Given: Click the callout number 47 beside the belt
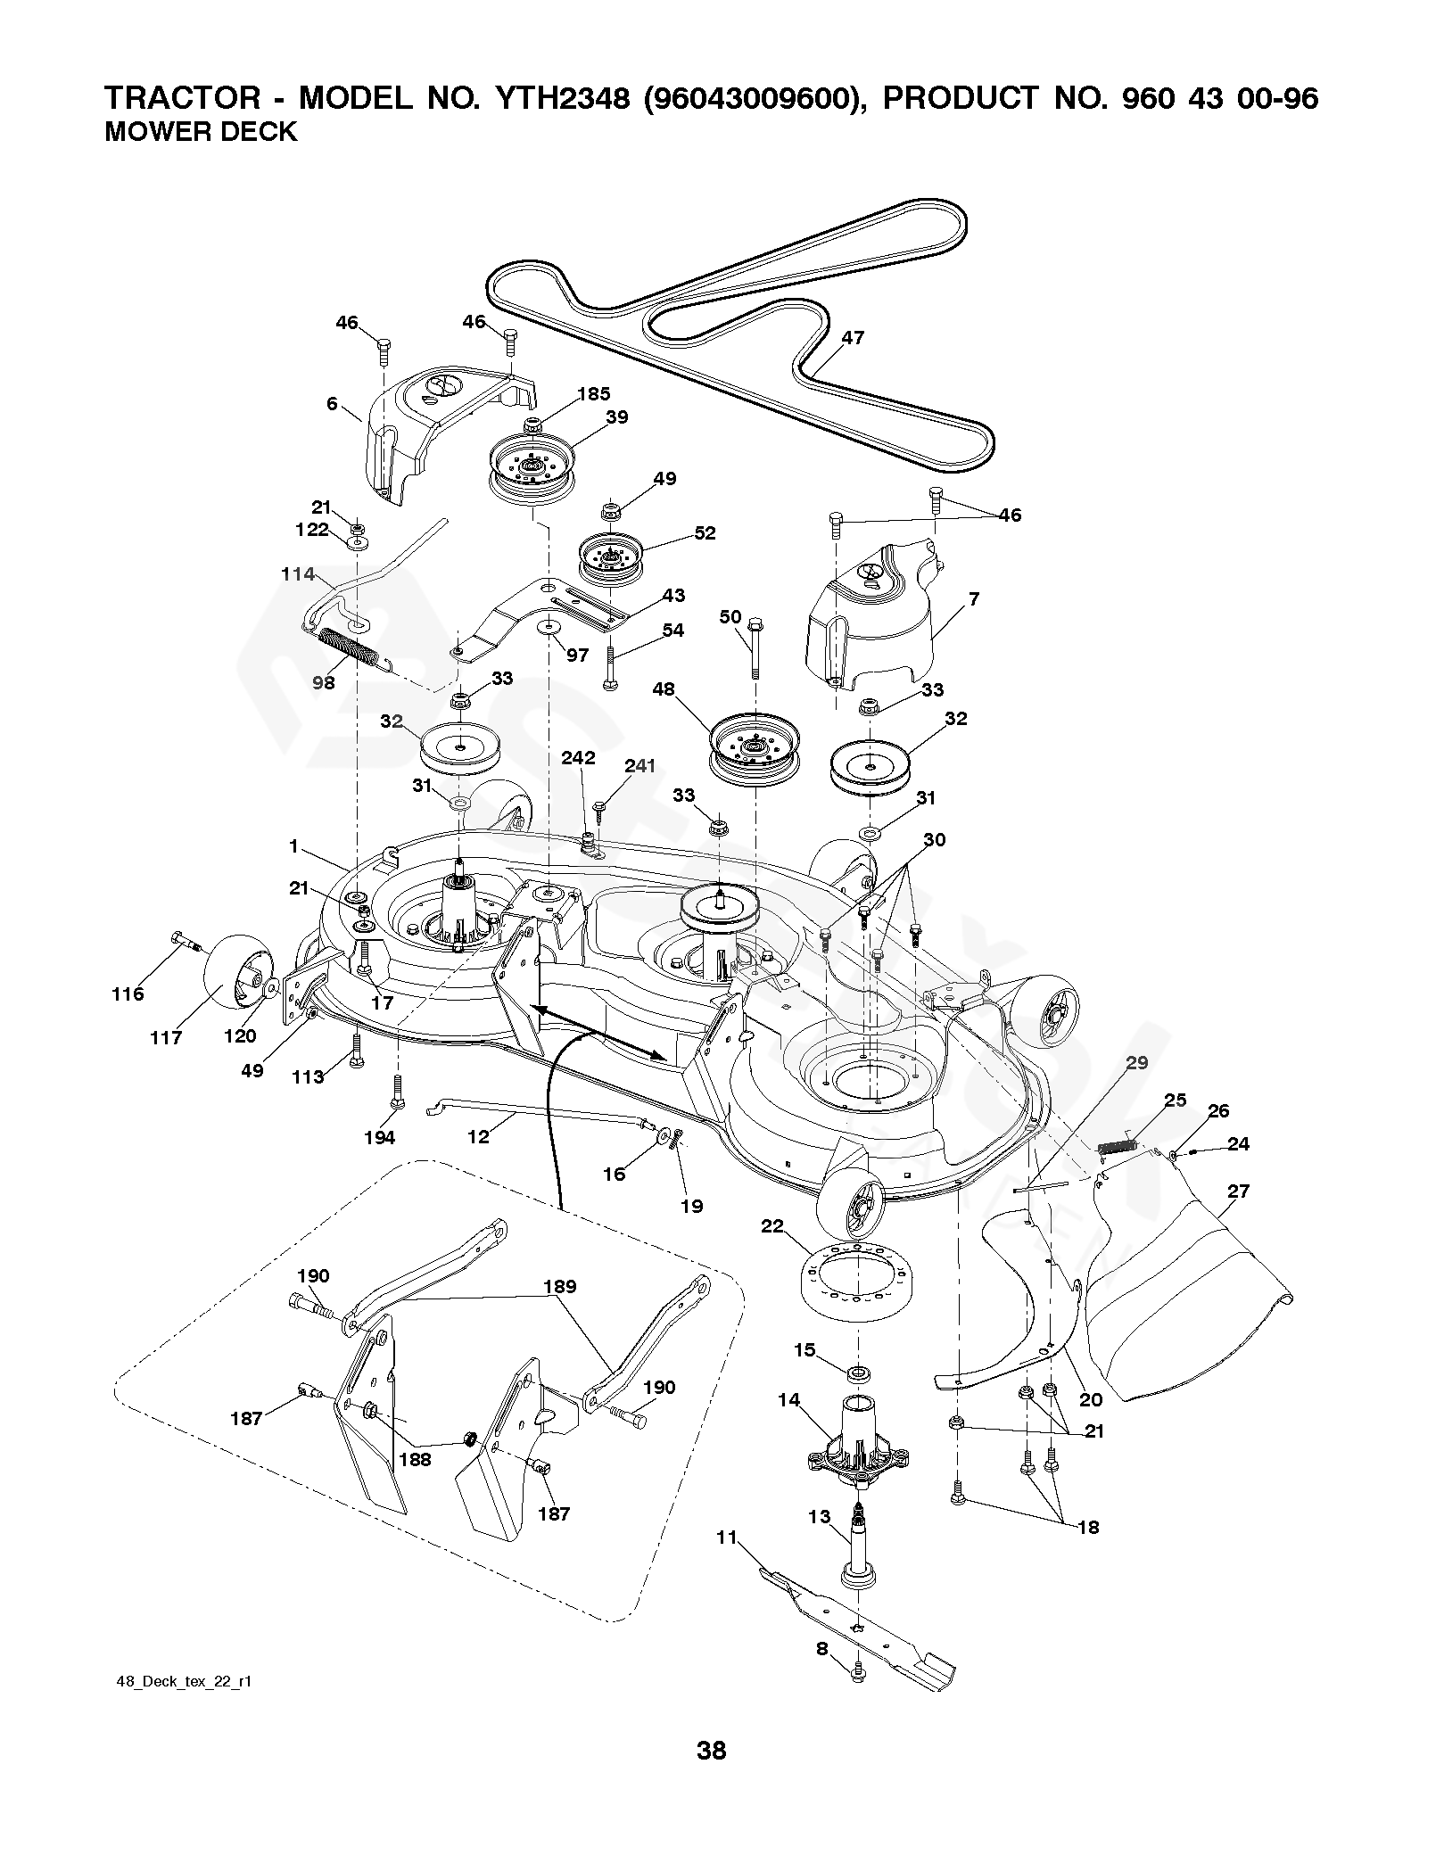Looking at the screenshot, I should pyautogui.click(x=853, y=338).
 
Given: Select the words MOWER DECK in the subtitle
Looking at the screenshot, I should pyautogui.click(x=201, y=132).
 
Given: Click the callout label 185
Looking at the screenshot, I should pyautogui.click(x=594, y=394).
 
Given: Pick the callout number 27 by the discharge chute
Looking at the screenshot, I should pyautogui.click(x=1238, y=1191).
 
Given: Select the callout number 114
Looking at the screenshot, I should pyautogui.click(x=299, y=574).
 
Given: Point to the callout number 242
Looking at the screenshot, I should pyautogui.click(x=578, y=758).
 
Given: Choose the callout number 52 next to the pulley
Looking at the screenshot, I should pyautogui.click(x=705, y=533).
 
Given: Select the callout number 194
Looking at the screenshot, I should pyautogui.click(x=379, y=1137).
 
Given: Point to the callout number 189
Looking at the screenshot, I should pyautogui.click(x=558, y=1286).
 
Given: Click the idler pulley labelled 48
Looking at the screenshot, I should pyautogui.click(x=755, y=740).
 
